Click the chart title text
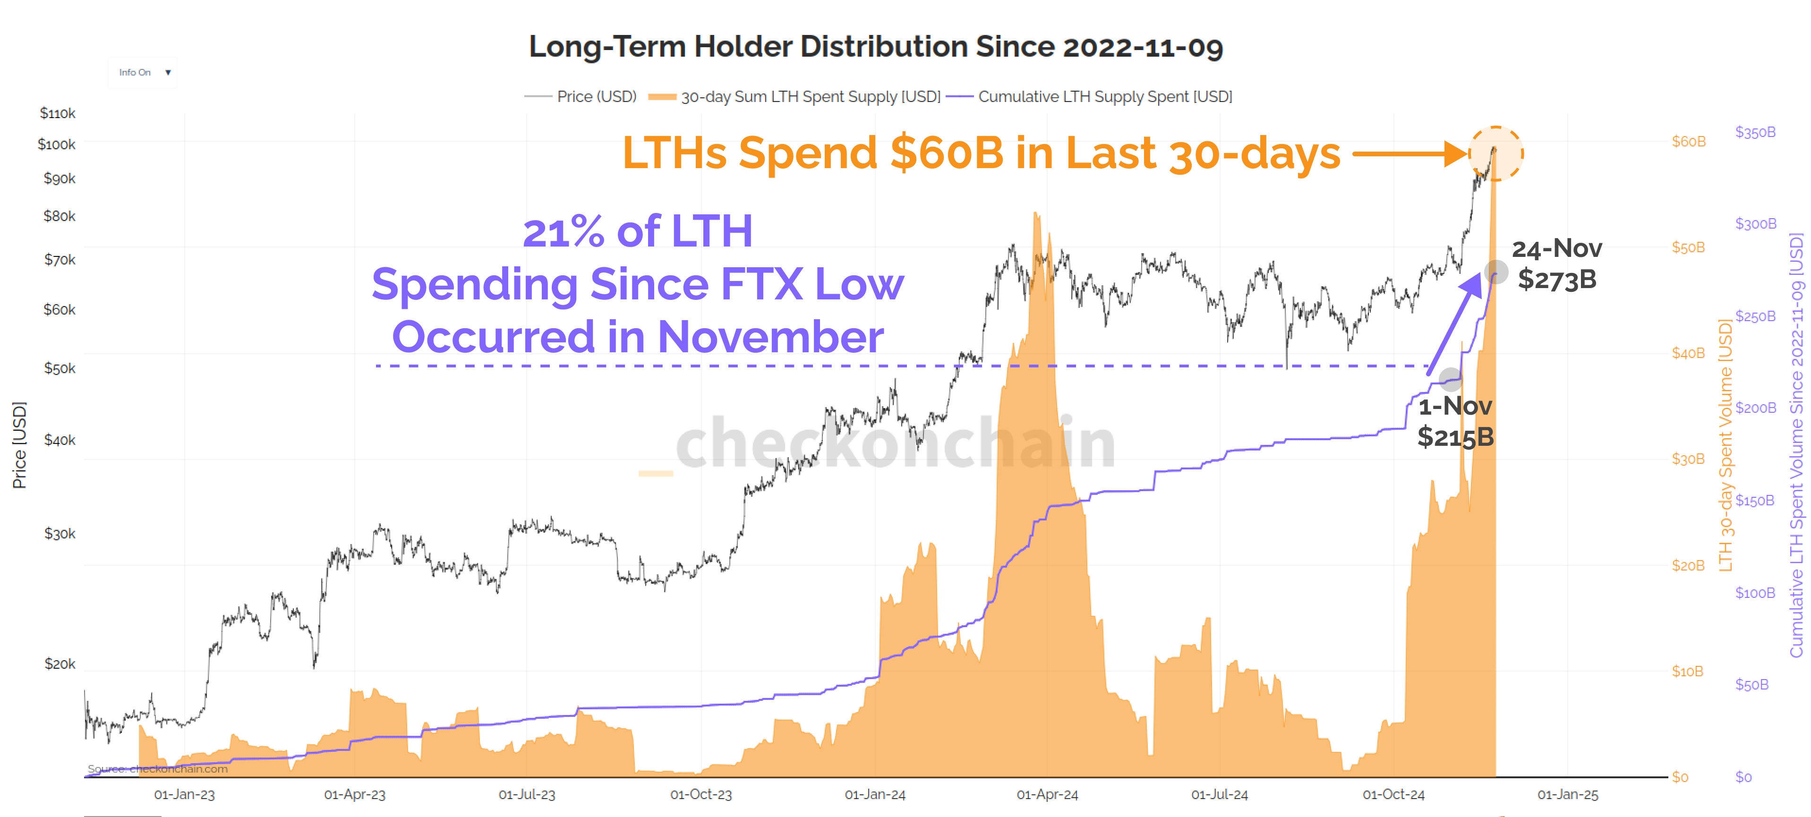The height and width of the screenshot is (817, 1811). pos(875,47)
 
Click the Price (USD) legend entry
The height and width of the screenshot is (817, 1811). pos(596,96)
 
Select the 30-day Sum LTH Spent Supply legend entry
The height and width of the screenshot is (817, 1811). pos(810,96)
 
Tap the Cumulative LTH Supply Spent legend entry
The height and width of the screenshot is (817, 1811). pos(1104,96)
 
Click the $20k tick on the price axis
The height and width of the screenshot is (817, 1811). pos(60,664)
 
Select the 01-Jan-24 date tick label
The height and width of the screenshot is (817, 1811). pos(875,794)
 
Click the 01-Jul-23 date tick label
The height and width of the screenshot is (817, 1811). pos(527,794)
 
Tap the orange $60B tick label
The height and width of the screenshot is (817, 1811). pos(1689,141)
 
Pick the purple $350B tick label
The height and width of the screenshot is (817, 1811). pos(1755,132)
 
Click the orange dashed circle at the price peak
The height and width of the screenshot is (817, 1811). pos(1495,153)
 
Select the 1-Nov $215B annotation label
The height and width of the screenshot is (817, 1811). pos(1454,421)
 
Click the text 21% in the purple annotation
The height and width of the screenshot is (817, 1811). pos(563,231)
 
